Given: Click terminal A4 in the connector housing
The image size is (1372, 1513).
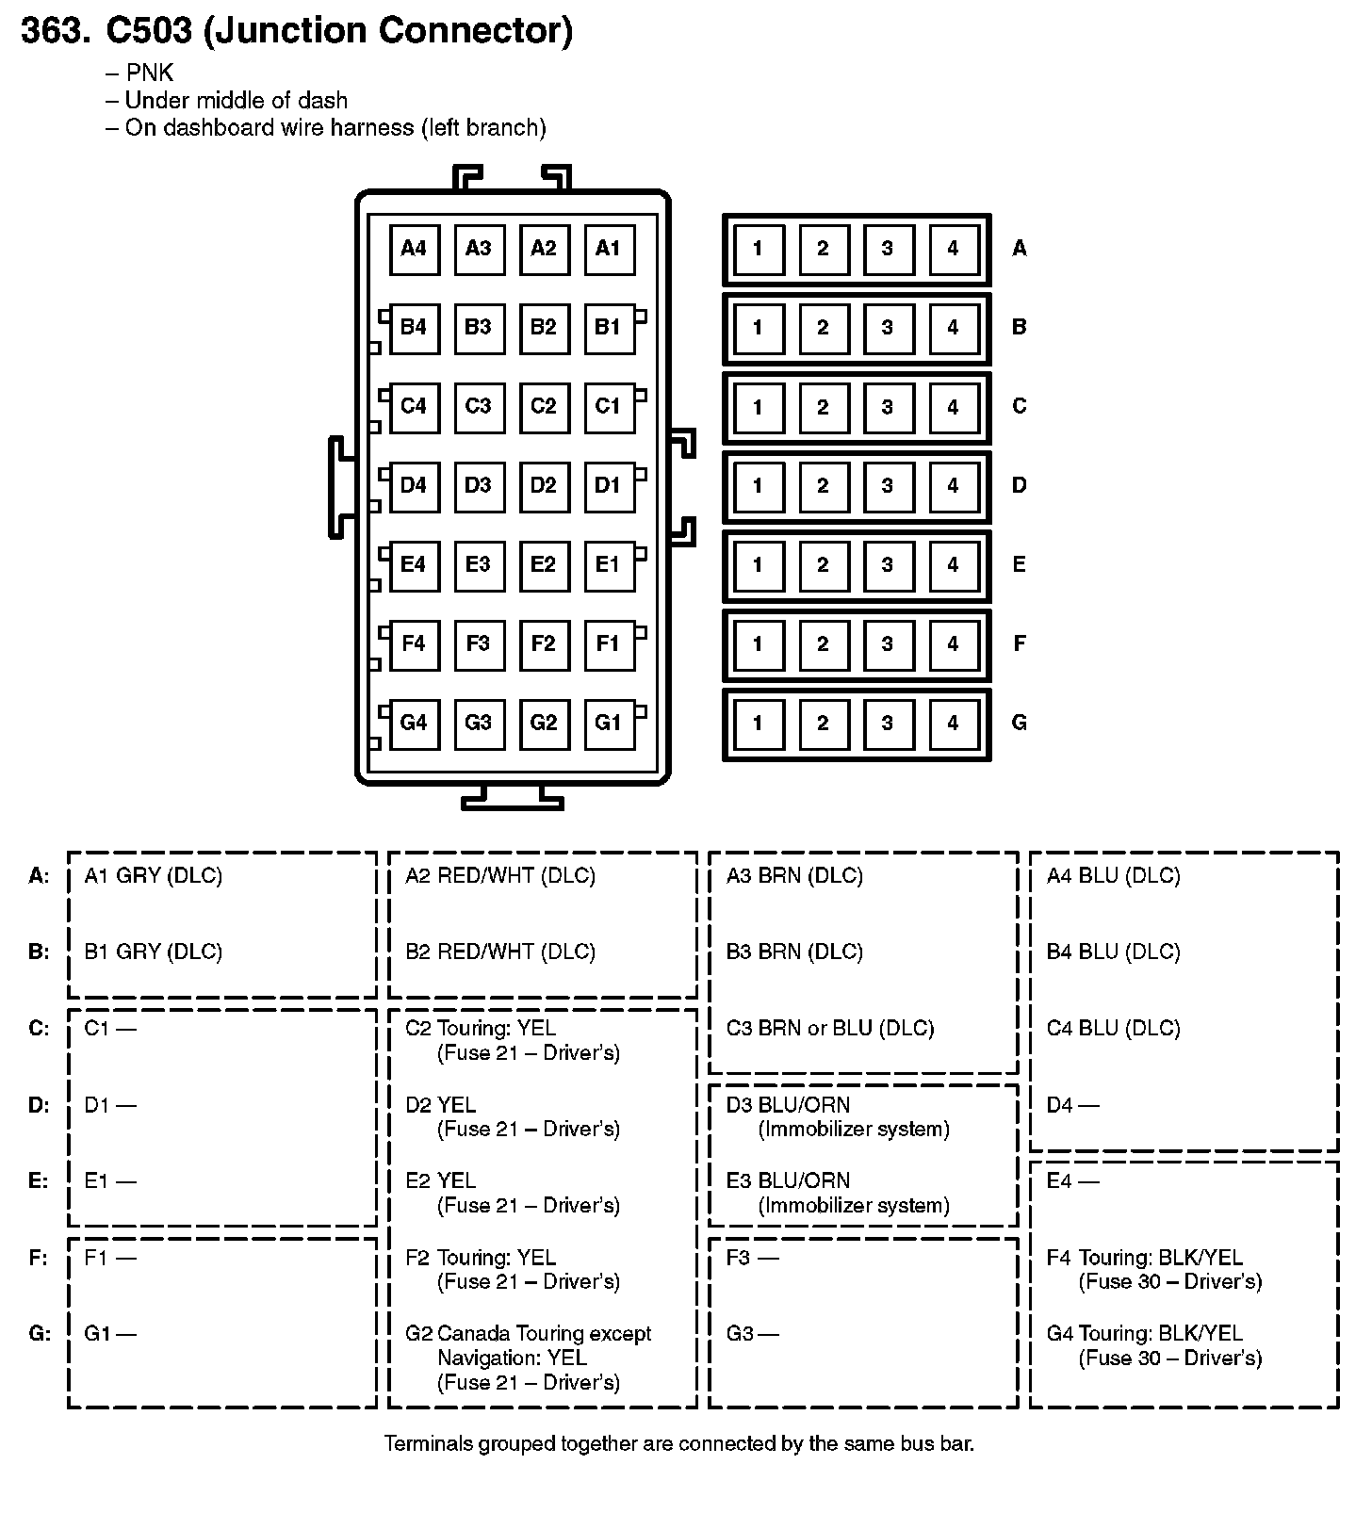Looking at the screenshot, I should pyautogui.click(x=414, y=249).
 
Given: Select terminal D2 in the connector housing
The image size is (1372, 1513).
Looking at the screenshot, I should pyautogui.click(x=544, y=486).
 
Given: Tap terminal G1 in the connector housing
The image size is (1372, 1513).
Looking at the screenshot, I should pyautogui.click(x=609, y=724).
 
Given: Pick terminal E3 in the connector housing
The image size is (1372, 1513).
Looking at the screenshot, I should pyautogui.click(x=479, y=565).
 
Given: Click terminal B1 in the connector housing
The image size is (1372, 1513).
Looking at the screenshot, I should pyautogui.click(x=609, y=328).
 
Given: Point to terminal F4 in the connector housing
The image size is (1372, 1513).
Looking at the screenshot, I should pyautogui.click(x=414, y=644).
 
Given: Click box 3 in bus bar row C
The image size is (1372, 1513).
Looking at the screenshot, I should pyautogui.click(x=888, y=407).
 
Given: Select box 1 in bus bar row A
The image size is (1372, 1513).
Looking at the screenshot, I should pyautogui.click(x=758, y=249).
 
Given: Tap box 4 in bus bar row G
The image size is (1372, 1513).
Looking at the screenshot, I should pyautogui.click(x=953, y=724).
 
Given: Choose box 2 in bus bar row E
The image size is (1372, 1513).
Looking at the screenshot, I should pyautogui.click(x=823, y=565).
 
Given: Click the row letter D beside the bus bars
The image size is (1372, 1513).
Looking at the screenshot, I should pyautogui.click(x=1019, y=486).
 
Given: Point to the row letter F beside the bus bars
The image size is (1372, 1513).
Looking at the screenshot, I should pyautogui.click(x=1019, y=644).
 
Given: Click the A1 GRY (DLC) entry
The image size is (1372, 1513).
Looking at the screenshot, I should pyautogui.click(x=154, y=876).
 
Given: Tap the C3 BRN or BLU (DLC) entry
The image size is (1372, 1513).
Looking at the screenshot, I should pyautogui.click(x=830, y=1029).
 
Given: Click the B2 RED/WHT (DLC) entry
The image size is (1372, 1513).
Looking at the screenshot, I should pyautogui.click(x=500, y=952).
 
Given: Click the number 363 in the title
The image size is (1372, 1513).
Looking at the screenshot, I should pyautogui.click(x=55, y=31).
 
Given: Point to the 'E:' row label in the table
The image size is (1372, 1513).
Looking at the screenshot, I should pyautogui.click(x=39, y=1181).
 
